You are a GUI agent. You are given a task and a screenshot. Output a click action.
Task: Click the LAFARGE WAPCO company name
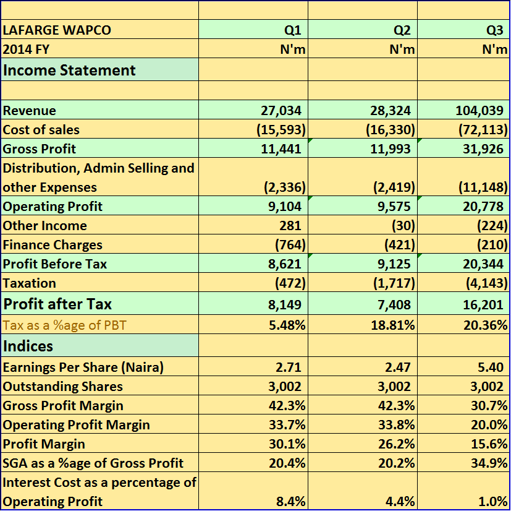point(57,30)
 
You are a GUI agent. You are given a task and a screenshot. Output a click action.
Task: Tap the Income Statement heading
point(69,70)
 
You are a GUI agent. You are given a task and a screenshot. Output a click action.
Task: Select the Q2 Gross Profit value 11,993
point(390,149)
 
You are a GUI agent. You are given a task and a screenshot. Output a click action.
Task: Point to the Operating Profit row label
point(53,207)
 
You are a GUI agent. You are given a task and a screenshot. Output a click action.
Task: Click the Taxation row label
point(29,283)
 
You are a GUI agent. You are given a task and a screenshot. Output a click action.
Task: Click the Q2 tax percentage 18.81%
point(392,325)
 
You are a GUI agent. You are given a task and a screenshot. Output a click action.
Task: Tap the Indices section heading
point(28,345)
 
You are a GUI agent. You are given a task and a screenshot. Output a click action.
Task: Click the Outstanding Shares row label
point(62,387)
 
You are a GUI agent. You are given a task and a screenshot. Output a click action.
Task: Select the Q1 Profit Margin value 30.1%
point(289,444)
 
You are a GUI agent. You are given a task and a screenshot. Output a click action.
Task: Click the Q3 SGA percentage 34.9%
point(492,463)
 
